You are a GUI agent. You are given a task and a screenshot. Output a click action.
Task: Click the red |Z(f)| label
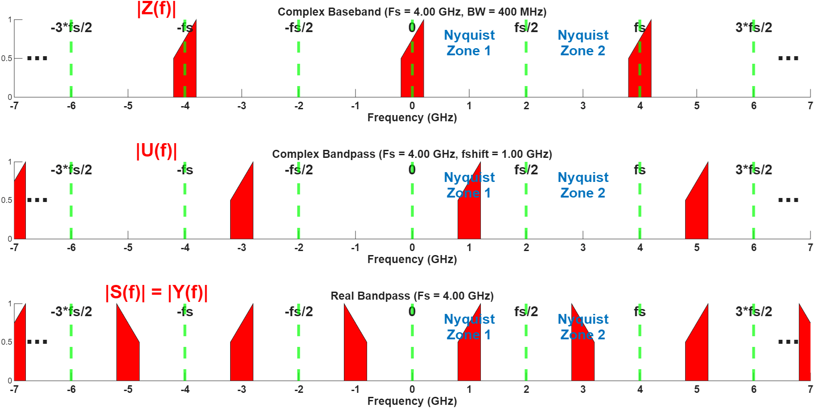(157, 8)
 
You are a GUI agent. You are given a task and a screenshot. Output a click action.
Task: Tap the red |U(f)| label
(157, 151)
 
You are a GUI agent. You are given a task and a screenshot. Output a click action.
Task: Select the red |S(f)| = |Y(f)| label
(157, 293)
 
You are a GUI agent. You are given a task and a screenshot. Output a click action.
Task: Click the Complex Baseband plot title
(412, 12)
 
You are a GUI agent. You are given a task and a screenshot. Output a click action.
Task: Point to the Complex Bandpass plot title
(412, 154)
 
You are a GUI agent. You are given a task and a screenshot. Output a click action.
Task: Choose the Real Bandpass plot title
(412, 296)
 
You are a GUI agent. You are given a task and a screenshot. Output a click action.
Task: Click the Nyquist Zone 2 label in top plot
(583, 43)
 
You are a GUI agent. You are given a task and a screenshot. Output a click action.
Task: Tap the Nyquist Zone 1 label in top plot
(469, 43)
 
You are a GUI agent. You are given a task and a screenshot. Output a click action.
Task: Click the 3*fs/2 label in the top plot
(753, 28)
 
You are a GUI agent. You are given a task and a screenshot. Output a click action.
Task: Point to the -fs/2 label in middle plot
(299, 170)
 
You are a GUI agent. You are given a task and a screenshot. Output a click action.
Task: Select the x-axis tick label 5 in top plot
(697, 106)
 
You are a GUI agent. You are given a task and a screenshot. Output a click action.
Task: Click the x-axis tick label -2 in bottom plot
(298, 390)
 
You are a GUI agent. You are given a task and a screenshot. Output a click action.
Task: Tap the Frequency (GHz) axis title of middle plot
(412, 260)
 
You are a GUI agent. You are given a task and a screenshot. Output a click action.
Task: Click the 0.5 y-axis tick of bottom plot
(6, 342)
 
